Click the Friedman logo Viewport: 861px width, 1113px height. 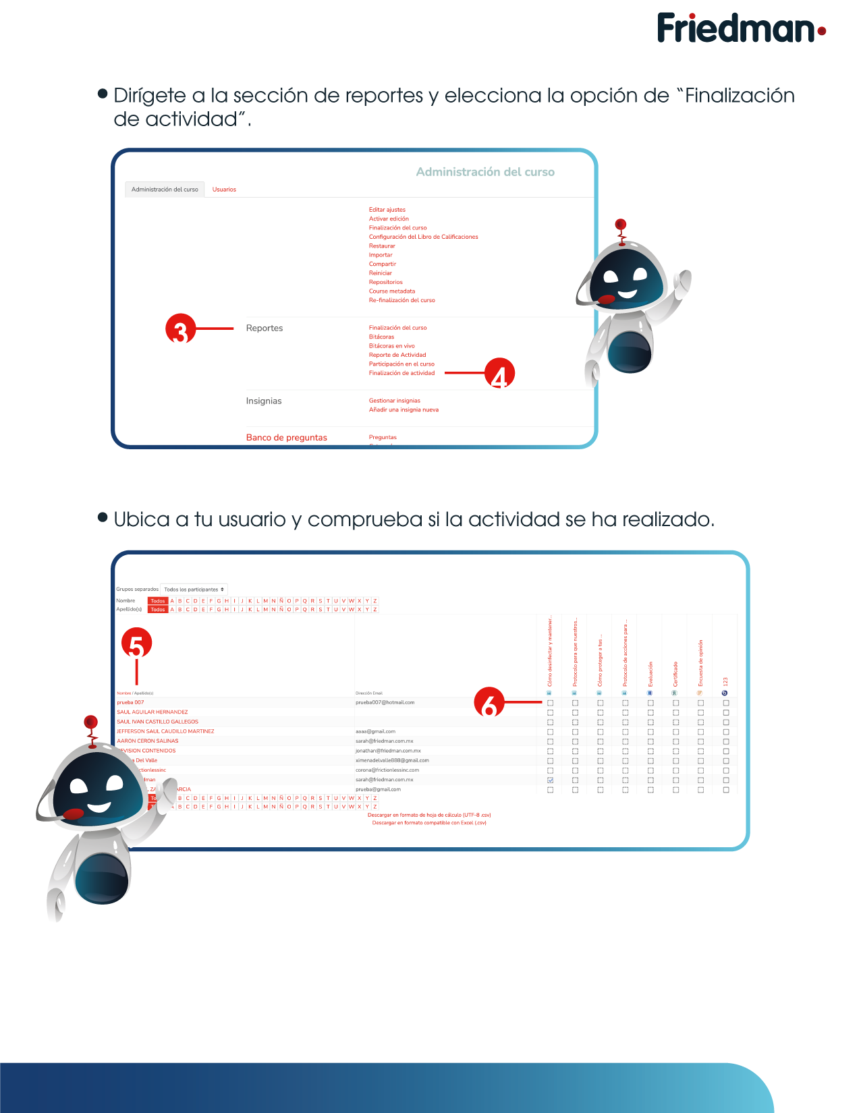click(x=741, y=28)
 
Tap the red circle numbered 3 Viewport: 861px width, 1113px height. click(x=180, y=329)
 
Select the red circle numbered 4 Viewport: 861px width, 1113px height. click(x=499, y=373)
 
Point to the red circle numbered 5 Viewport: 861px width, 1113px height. click(x=136, y=643)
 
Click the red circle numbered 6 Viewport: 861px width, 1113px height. click(x=489, y=702)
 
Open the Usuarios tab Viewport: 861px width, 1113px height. click(x=224, y=190)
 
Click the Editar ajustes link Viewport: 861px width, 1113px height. click(x=387, y=210)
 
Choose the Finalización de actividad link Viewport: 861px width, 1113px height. click(x=401, y=373)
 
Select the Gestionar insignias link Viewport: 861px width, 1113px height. click(x=394, y=401)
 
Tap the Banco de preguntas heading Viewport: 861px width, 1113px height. click(x=286, y=438)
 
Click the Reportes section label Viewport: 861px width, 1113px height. click(x=264, y=329)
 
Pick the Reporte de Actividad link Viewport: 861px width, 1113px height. click(x=397, y=355)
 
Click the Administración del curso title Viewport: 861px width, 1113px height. click(x=484, y=172)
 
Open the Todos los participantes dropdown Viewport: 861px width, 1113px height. click(x=194, y=590)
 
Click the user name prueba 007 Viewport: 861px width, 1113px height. click(x=130, y=702)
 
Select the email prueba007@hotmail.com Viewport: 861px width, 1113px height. click(x=385, y=702)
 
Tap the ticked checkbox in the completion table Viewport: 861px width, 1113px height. click(x=550, y=780)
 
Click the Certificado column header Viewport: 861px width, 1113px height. click(x=675, y=673)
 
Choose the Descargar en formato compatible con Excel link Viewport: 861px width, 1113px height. click(x=428, y=823)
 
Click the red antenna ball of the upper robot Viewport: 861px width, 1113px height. click(x=621, y=224)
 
